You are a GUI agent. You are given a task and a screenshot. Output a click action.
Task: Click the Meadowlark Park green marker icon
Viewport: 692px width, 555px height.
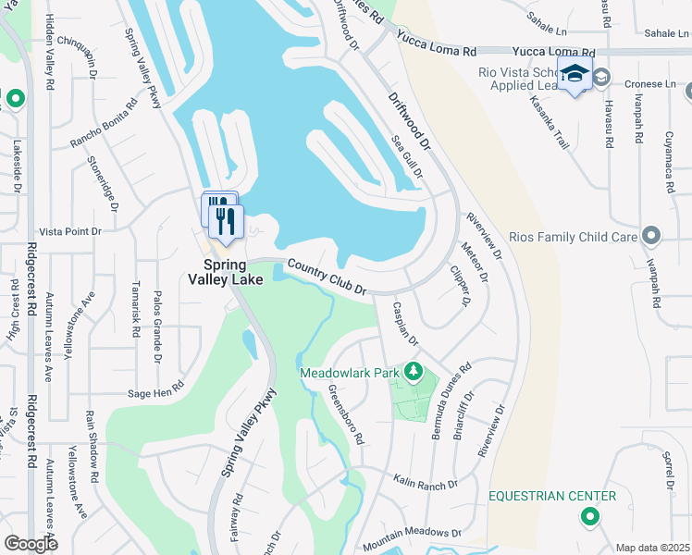click(414, 373)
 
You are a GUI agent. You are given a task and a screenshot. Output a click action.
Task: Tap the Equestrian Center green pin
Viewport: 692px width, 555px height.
click(589, 518)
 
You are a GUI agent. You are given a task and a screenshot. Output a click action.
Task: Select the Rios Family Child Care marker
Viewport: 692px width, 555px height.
click(652, 237)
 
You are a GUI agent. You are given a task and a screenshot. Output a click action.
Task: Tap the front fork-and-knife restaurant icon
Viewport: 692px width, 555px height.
click(227, 222)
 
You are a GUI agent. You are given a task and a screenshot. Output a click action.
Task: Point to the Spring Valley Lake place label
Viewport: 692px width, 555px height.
click(227, 270)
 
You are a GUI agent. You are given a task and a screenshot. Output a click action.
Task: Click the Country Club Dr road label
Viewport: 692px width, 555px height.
click(327, 277)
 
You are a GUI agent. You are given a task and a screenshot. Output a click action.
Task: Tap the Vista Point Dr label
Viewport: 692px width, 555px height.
click(69, 231)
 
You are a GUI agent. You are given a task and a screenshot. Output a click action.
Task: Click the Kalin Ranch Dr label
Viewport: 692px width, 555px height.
click(425, 484)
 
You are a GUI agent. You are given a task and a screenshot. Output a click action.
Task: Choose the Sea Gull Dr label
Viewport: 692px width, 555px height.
click(407, 154)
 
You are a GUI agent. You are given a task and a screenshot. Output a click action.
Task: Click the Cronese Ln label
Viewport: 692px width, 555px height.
click(650, 83)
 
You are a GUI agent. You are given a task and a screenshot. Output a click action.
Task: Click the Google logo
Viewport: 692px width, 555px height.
click(31, 544)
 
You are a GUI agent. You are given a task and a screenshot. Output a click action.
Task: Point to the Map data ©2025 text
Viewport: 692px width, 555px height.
click(651, 548)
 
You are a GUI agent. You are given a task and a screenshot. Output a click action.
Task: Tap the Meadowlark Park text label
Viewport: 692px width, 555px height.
click(349, 373)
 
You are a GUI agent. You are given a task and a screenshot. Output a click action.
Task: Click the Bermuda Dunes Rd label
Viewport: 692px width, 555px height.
click(451, 401)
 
